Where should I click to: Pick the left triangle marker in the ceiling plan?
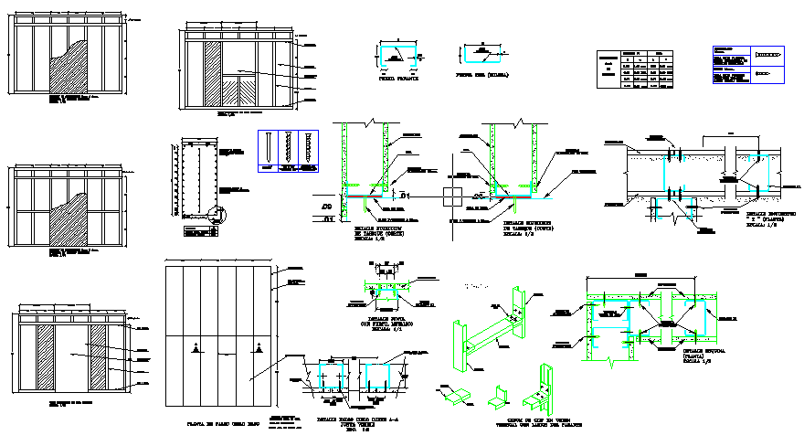click(198, 347)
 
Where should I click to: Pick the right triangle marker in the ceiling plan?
click(259, 347)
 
